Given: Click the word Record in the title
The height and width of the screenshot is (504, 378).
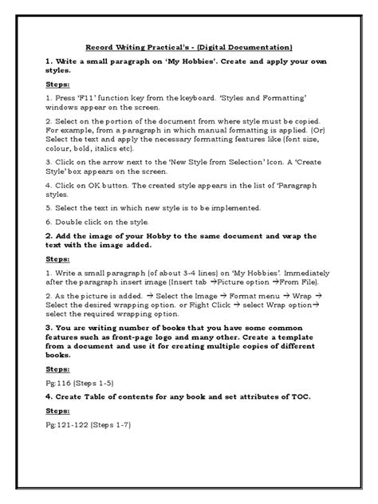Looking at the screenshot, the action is (100, 47).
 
